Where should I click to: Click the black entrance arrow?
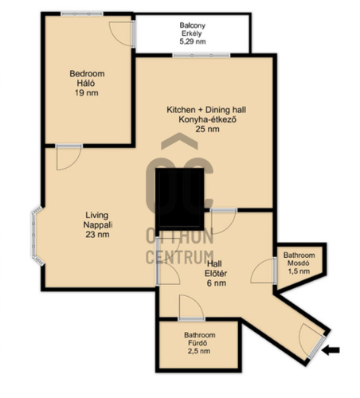click(x=331, y=350)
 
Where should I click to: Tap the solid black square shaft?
click(x=180, y=199)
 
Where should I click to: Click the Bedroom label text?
click(x=87, y=73)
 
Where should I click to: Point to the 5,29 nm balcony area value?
click(x=193, y=41)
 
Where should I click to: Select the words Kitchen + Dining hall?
click(x=206, y=110)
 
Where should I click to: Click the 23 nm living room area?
click(x=97, y=234)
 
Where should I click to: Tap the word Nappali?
click(x=98, y=224)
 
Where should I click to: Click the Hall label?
click(x=214, y=263)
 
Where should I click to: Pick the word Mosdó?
click(x=299, y=263)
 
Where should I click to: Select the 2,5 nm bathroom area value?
click(x=199, y=351)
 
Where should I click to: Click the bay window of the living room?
click(x=37, y=236)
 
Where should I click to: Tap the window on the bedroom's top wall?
click(x=82, y=14)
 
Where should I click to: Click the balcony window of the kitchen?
click(x=202, y=55)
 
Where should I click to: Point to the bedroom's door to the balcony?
click(x=123, y=34)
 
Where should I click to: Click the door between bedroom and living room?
click(x=68, y=158)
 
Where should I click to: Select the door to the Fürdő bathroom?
click(x=192, y=307)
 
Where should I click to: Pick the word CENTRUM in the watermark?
click(x=180, y=257)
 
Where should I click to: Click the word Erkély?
click(x=192, y=33)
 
